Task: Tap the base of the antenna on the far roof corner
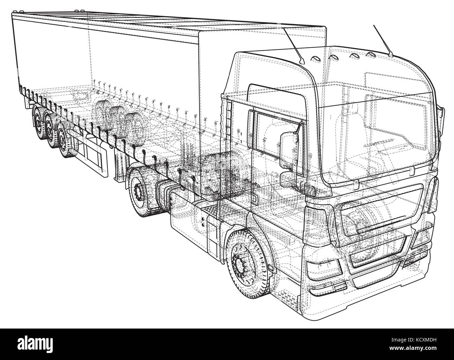(x=391, y=55)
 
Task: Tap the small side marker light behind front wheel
(x=270, y=268)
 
